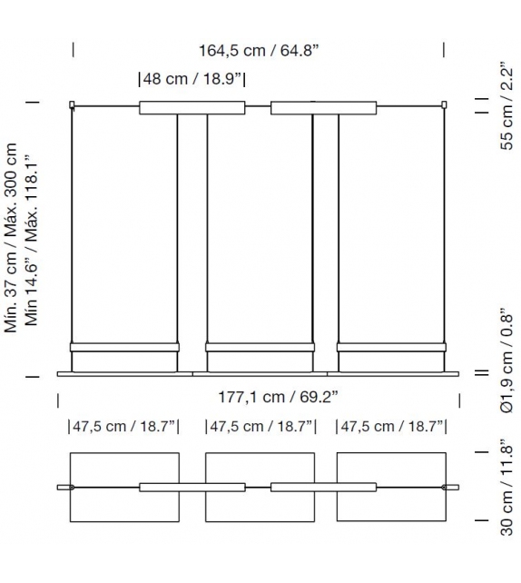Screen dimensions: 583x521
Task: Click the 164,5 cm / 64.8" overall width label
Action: click(259, 51)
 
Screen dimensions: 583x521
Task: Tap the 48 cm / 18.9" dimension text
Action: click(192, 79)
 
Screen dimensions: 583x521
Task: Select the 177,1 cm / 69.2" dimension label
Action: click(260, 397)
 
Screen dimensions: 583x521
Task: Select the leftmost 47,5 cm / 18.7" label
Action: click(123, 426)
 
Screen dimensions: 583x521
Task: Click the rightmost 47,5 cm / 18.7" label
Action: click(393, 426)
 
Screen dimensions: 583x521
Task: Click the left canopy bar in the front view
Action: click(192, 108)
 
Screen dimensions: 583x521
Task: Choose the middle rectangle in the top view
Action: click(260, 509)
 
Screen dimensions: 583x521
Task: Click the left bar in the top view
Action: click(192, 488)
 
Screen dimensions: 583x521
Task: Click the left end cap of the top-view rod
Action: click(63, 488)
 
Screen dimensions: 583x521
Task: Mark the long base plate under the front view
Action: click(260, 372)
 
